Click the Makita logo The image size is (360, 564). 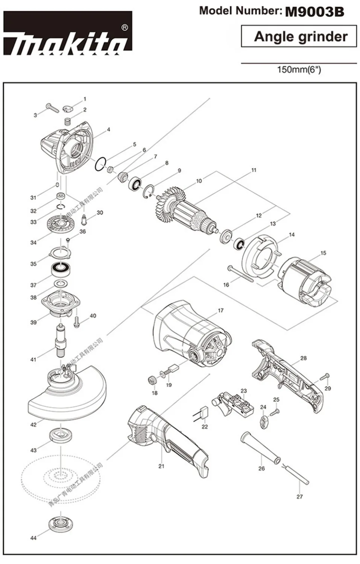click(68, 34)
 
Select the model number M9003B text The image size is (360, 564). click(314, 12)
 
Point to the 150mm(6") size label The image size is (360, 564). click(299, 70)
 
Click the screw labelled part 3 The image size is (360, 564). click(52, 108)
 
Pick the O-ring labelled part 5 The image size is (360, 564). click(100, 164)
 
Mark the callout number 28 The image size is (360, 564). click(303, 358)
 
